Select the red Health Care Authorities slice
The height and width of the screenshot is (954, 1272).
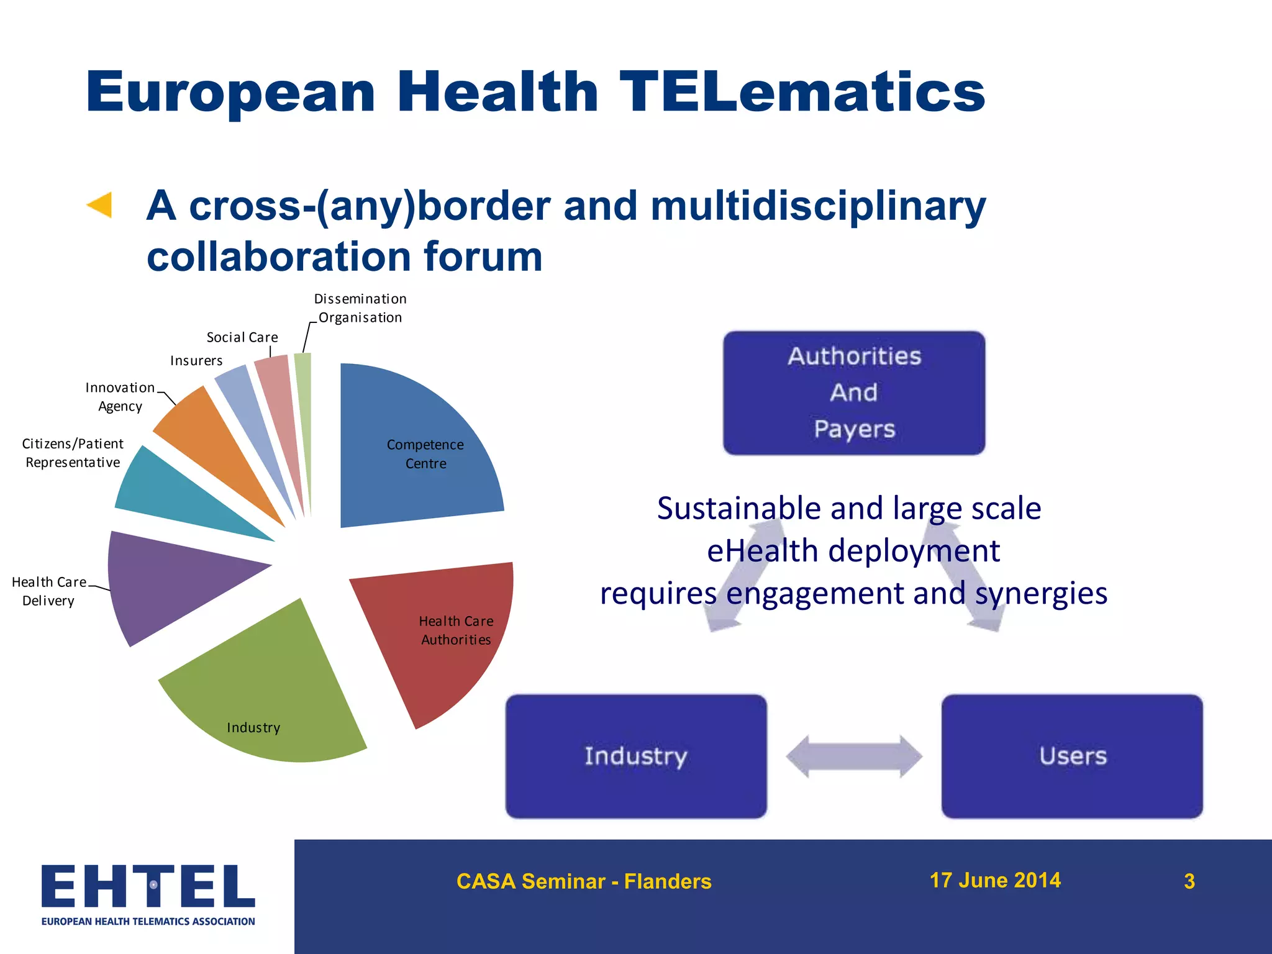[447, 646]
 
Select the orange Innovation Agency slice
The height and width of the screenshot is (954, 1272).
[205, 435]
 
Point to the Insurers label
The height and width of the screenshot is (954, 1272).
[196, 361]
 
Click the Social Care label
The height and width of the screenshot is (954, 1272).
[242, 337]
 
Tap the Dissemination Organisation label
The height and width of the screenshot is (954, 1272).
[360, 308]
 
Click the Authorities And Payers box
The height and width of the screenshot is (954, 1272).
[854, 393]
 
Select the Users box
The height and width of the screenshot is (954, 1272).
[1072, 756]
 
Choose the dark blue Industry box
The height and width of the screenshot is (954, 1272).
[636, 756]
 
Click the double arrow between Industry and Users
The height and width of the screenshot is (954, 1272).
[854, 756]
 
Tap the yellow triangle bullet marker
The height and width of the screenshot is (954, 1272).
[100, 205]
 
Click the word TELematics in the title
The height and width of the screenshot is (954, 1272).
[802, 92]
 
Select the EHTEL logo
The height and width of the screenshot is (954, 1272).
[148, 894]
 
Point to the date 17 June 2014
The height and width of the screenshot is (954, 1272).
[994, 880]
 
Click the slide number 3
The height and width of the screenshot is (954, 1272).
[1189, 881]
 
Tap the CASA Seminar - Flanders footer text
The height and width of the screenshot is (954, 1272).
[584, 881]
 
